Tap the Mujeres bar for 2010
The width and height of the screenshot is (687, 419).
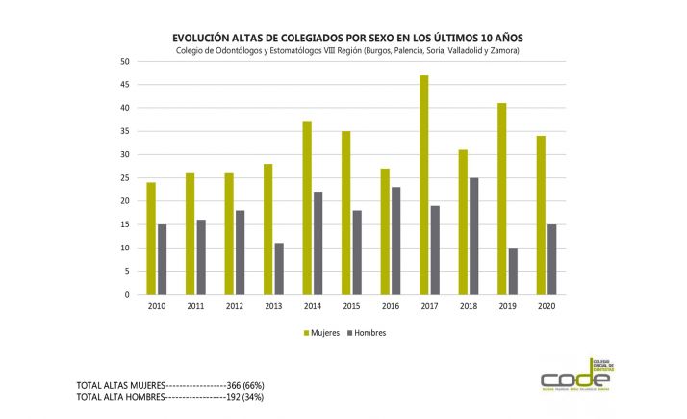[151, 238]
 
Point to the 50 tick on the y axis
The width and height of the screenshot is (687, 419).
[125, 61]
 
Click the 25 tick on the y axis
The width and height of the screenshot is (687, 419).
[125, 178]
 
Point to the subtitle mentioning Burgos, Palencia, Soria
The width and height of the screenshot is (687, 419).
[349, 50]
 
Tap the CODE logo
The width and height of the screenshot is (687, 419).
[575, 376]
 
